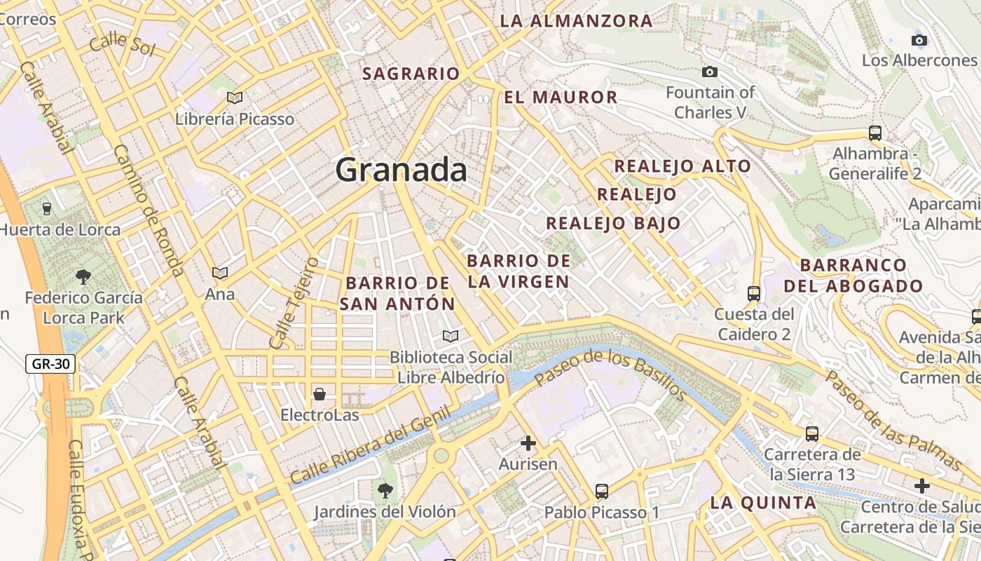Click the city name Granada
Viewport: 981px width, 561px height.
pos(401,170)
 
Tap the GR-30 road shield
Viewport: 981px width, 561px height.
pos(50,364)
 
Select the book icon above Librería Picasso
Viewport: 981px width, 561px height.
pos(235,98)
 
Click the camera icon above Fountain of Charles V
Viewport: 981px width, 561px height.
pos(710,72)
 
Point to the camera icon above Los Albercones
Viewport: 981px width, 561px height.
pos(919,40)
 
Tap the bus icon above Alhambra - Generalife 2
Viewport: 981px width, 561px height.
pos(874,133)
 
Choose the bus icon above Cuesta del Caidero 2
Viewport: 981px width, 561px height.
pos(754,293)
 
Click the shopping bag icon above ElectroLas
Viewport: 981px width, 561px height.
pos(320,393)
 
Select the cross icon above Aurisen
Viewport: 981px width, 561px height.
pos(528,443)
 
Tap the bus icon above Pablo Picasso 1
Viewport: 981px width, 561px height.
pos(602,491)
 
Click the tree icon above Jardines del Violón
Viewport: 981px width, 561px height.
pos(385,490)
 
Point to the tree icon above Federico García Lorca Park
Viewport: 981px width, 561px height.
pos(83,276)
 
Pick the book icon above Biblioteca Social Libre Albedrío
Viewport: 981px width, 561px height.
pos(451,336)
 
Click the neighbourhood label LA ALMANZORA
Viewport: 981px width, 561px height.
pos(576,21)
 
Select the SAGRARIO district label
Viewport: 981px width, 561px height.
pos(411,74)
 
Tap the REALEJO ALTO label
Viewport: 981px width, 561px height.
pos(682,166)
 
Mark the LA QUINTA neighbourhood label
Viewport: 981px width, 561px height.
pos(763,502)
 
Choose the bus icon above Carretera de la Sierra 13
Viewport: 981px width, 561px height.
pos(812,434)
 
